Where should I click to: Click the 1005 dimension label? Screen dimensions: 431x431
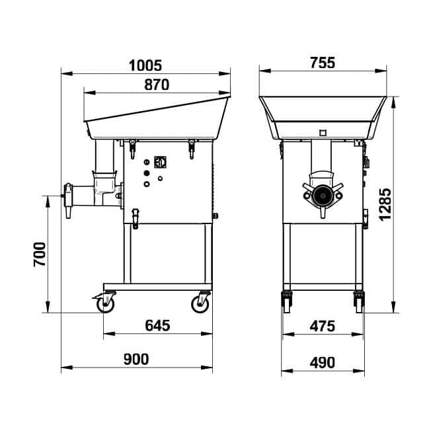(145, 65)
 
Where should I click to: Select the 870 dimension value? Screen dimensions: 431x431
(157, 85)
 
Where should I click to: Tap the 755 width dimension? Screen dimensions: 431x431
(323, 63)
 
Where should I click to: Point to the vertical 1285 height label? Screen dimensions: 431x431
(385, 204)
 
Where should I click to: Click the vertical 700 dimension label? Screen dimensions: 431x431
(40, 255)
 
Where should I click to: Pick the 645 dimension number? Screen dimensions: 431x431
(157, 325)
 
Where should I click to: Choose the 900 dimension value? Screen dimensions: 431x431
(136, 359)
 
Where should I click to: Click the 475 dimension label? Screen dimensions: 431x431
(323, 327)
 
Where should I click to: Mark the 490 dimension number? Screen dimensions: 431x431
(323, 362)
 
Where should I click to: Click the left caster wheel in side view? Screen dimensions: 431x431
(105, 303)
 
